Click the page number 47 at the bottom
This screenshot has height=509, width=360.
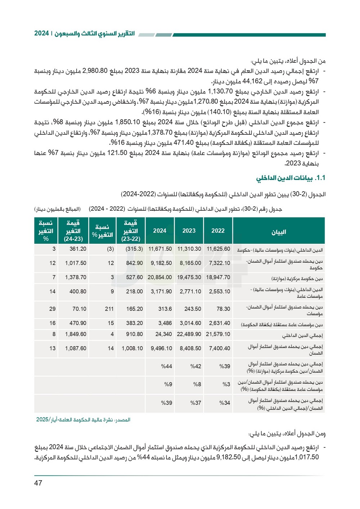[38, 483]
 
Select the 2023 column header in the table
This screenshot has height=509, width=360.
[189, 231]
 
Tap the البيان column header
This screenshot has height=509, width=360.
[279, 232]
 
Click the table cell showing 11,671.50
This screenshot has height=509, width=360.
[160, 249]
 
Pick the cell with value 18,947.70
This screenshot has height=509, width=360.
[218, 277]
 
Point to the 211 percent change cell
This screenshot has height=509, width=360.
[109, 309]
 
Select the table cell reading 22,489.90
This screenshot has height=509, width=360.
[189, 334]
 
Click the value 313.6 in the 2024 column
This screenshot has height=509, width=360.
[165, 309]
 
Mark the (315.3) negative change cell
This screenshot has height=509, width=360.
[134, 249]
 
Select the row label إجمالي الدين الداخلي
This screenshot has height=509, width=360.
[302, 335]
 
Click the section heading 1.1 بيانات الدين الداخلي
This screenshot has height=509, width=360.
[291, 178]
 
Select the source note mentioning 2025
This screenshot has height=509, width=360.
[83, 420]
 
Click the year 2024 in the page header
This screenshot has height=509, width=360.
[41, 34]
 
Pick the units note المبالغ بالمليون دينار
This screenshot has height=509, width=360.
[57, 209]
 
